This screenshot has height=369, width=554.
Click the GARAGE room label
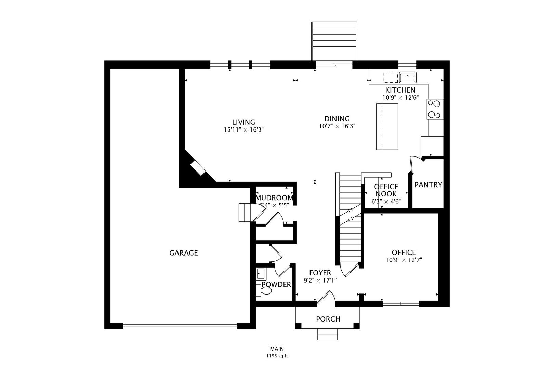pos(184,253)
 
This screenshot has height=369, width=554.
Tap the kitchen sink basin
pos(408,78)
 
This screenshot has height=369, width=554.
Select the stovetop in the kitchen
pos(435,109)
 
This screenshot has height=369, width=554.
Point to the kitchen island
pos(387,126)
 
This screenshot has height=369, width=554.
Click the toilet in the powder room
pos(264,290)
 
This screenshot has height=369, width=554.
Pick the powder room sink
pos(261,274)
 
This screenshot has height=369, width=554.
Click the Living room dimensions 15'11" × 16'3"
pos(244,130)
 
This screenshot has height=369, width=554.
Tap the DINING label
pos(337,119)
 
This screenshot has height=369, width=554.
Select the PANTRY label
pos(428,185)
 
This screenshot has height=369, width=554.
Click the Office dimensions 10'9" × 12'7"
pos(404,260)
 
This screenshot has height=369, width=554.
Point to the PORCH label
pos(328,319)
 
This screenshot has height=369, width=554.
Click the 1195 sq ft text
pos(277,356)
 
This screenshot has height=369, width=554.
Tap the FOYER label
pos(320,273)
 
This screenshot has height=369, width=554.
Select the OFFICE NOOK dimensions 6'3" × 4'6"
pos(386,202)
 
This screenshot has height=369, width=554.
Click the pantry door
pos(411,164)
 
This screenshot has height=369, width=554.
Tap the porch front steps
pos(328,334)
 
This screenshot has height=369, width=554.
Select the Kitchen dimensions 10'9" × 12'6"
pos(400,98)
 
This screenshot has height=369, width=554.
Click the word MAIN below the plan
pos(277,349)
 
